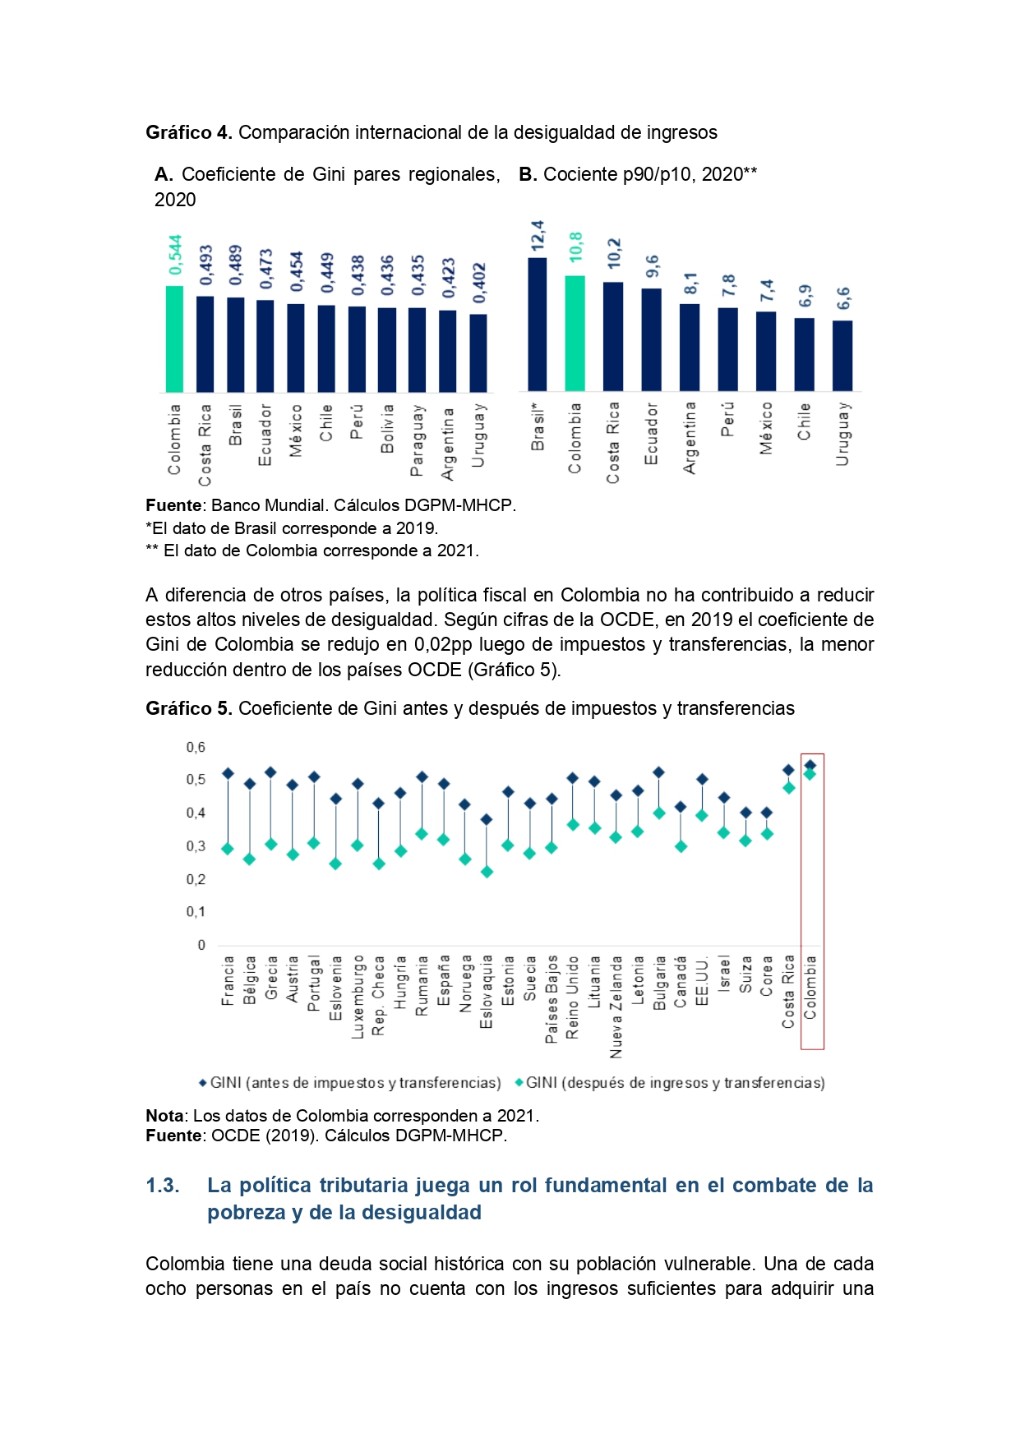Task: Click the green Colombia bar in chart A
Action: tap(174, 339)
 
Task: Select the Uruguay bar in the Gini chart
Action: tap(478, 353)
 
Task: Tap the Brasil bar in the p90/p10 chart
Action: tap(537, 325)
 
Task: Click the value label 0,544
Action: tap(175, 256)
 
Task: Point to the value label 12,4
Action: tap(538, 236)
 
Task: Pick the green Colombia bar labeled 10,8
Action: tap(575, 334)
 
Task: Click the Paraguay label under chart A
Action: tap(418, 440)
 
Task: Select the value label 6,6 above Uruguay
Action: tap(843, 299)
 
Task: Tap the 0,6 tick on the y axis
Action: tap(196, 747)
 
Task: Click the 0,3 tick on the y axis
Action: tap(196, 845)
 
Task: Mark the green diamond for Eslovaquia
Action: tap(487, 872)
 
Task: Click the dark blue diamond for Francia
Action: tap(228, 773)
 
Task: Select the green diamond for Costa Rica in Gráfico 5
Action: tap(789, 788)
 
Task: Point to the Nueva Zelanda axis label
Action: tap(616, 1007)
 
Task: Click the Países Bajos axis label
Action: tap(552, 999)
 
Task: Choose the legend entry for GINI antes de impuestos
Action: tap(350, 1083)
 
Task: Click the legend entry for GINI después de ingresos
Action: tap(670, 1083)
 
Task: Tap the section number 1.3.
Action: tap(163, 1185)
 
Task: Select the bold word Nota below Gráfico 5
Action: tap(164, 1116)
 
